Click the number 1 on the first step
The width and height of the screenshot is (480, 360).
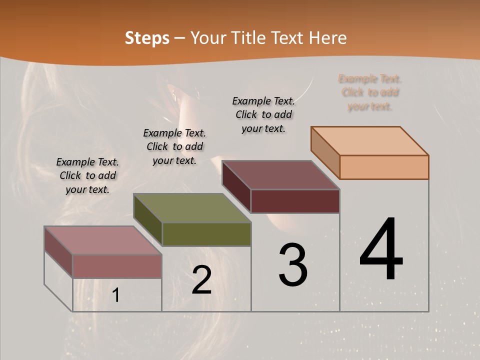click(x=116, y=295)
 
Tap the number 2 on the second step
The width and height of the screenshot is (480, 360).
click(x=201, y=280)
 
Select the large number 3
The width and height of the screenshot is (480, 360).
click(x=293, y=265)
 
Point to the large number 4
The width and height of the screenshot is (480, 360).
click(x=381, y=250)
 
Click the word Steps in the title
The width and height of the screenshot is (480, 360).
click(x=147, y=38)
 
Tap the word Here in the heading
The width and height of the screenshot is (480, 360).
click(x=328, y=38)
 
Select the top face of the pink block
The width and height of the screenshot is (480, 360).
click(x=102, y=240)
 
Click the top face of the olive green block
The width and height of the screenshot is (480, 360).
click(x=191, y=208)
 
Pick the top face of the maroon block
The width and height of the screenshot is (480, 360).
click(x=280, y=175)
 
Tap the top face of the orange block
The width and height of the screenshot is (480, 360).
click(x=369, y=141)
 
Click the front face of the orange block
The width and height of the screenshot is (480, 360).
click(x=384, y=167)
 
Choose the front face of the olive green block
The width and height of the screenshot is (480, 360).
click(x=206, y=234)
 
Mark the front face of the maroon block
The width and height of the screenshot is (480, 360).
click(x=295, y=201)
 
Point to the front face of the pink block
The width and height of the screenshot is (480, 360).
click(x=117, y=266)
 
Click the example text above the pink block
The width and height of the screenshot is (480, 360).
click(x=87, y=175)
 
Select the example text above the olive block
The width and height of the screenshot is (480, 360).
click(x=174, y=146)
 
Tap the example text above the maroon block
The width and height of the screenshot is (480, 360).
click(x=263, y=114)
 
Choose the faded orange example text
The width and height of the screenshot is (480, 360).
click(x=370, y=92)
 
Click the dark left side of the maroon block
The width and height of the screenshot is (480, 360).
click(x=236, y=186)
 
